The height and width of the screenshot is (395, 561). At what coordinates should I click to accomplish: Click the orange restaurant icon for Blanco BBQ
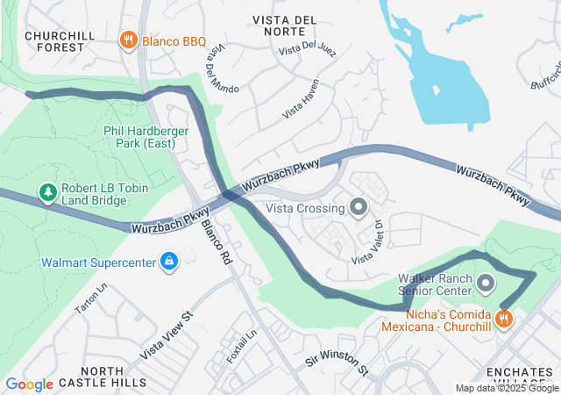click(x=128, y=39)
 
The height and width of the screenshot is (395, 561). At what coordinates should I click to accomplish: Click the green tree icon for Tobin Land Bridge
click(x=47, y=190)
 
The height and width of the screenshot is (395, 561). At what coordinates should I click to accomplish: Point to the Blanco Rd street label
click(x=216, y=242)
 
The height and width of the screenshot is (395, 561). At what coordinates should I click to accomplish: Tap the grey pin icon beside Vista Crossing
click(x=358, y=208)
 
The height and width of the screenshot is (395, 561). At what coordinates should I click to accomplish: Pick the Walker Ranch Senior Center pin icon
click(x=486, y=283)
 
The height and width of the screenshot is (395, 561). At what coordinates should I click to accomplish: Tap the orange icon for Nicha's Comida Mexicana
click(x=503, y=320)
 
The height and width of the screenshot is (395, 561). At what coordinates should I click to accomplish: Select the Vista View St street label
click(x=166, y=334)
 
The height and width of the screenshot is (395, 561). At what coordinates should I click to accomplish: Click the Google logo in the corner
click(x=29, y=384)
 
